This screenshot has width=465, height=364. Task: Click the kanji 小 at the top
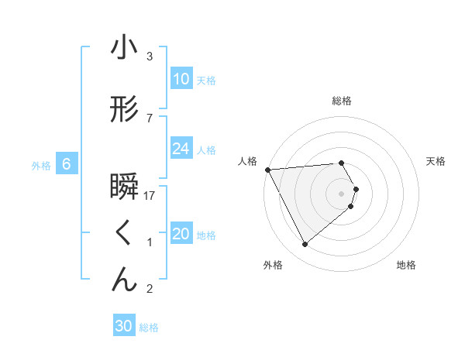(123, 48)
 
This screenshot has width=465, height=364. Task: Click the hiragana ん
(124, 279)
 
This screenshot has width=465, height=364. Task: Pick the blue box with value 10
(181, 79)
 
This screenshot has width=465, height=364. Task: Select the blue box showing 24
(181, 149)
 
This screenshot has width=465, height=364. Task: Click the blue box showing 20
(181, 234)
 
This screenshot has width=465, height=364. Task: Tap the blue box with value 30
(123, 326)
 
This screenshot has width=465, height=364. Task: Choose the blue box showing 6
(67, 164)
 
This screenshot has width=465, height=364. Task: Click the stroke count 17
(150, 196)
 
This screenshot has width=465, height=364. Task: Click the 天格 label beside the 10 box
(205, 80)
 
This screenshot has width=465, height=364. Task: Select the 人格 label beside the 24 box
(205, 149)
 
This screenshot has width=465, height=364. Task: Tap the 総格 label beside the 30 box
(149, 328)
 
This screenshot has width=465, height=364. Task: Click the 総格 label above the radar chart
(342, 101)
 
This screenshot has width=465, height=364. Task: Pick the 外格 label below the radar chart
(273, 266)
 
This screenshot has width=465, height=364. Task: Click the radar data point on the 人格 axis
(267, 170)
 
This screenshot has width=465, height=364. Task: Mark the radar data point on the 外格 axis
(305, 244)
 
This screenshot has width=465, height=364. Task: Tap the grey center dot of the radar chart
(342, 193)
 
